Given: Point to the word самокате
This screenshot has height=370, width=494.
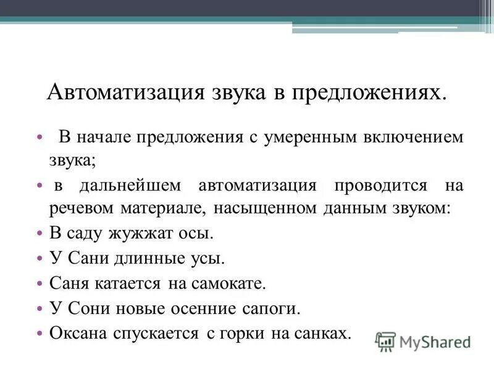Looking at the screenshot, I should coord(229,284).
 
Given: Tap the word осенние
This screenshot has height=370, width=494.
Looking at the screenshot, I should coord(206,308).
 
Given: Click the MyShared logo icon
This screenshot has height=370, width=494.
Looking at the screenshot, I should coord(385,341).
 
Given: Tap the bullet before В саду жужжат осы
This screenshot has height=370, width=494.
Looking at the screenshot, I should coord(40,235).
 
